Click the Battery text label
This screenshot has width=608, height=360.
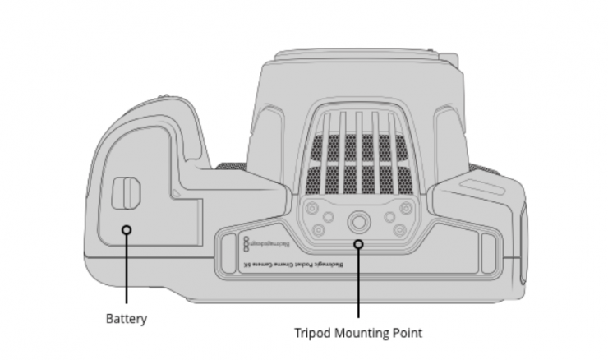pos(127,317)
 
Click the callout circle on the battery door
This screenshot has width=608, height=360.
pos(127,229)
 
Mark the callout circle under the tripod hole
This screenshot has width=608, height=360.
pos(358,244)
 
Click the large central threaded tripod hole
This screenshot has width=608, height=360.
pos(358,220)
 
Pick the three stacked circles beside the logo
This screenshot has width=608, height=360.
pos(247,244)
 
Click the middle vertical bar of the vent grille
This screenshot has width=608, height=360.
pos(358,148)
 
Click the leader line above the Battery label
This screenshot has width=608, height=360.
pos(127,271)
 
